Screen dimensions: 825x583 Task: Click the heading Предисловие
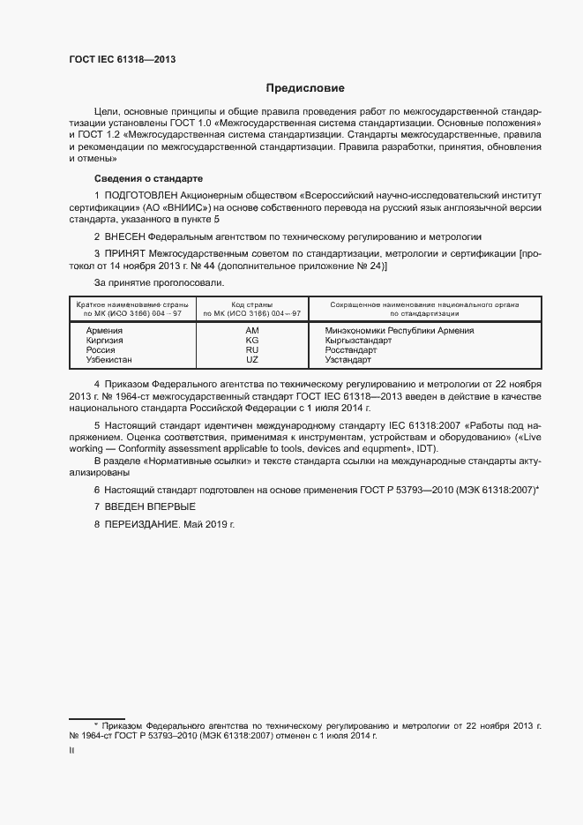pos(305,88)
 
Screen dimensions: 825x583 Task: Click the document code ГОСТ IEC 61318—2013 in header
pos(123,59)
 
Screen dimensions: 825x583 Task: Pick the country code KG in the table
pos(251,340)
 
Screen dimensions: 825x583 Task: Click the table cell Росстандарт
pos(351,350)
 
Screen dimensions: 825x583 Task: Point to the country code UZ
pos(251,360)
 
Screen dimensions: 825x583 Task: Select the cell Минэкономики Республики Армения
pos(400,330)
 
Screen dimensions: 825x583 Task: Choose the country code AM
pos(251,330)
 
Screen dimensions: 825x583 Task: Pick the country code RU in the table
pos(251,350)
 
